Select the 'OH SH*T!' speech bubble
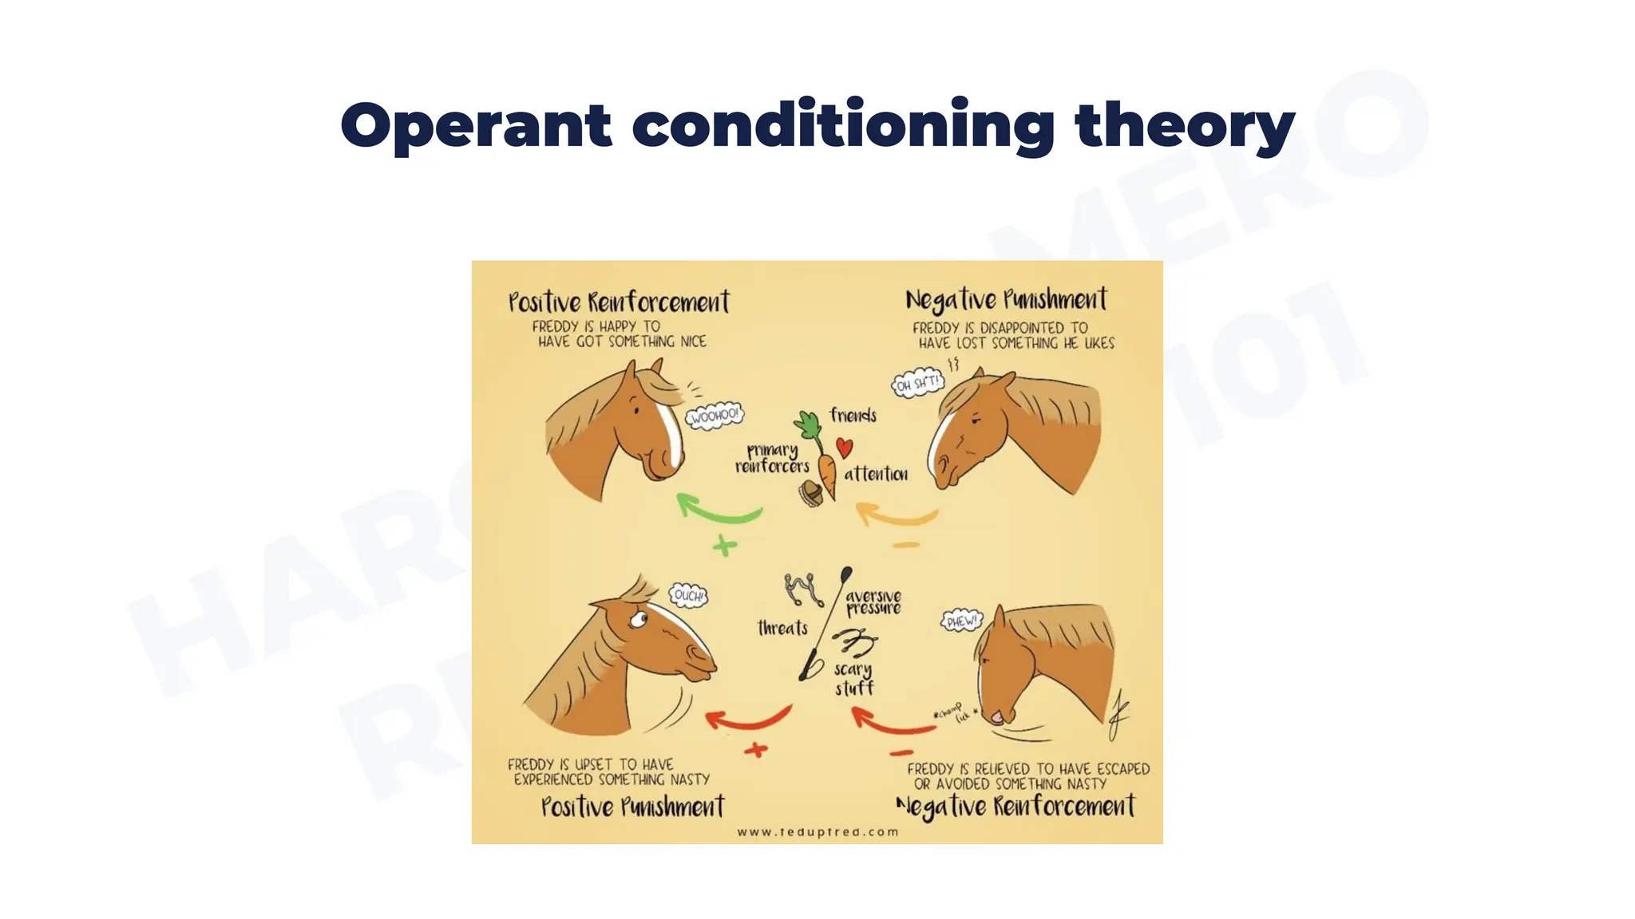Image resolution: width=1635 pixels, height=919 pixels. point(918,384)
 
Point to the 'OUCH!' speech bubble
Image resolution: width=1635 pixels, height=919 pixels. point(688,595)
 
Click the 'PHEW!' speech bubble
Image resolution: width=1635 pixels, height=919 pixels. point(961,621)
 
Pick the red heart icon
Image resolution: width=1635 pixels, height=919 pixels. point(844,448)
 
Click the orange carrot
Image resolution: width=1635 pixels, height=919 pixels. point(827,474)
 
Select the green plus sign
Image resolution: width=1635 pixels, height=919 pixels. point(724,546)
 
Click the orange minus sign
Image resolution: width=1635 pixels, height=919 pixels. point(906,546)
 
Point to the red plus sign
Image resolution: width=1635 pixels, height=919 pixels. point(755,750)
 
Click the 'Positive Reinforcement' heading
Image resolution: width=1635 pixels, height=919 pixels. point(619,302)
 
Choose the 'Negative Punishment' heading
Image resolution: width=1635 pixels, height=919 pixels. point(1006,300)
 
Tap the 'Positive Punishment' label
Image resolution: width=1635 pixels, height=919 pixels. point(632,807)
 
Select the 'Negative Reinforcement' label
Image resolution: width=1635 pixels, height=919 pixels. point(1015,807)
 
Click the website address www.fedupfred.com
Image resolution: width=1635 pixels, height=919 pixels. point(817,832)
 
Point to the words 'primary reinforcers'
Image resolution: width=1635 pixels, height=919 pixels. point(771,458)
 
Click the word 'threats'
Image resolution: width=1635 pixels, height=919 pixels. point(782,629)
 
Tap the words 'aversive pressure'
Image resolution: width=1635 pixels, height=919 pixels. point(873,601)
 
